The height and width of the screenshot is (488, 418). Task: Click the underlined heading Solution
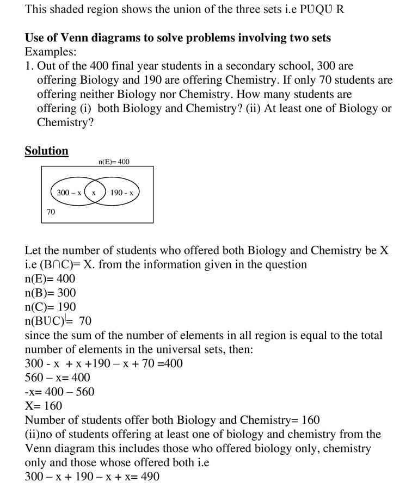pyautogui.click(x=47, y=151)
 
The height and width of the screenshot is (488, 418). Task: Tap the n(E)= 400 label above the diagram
pyautogui.click(x=114, y=162)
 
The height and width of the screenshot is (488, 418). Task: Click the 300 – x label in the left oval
pyautogui.click(x=69, y=193)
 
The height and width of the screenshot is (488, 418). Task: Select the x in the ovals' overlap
pyautogui.click(x=94, y=193)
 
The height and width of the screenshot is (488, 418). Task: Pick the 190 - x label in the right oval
pyautogui.click(x=121, y=193)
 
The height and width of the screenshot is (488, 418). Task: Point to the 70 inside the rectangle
pyautogui.click(x=51, y=212)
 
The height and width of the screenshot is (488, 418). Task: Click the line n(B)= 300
pyautogui.click(x=50, y=293)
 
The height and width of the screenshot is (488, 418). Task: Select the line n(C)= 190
pyautogui.click(x=50, y=307)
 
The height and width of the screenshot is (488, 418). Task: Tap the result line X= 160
pyautogui.click(x=44, y=406)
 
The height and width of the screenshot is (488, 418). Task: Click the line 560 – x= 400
pyautogui.click(x=58, y=378)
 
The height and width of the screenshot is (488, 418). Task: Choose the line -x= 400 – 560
pyautogui.click(x=59, y=392)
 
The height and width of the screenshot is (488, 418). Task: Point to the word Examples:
pyautogui.click(x=51, y=52)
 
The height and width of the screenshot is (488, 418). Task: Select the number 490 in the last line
pyautogui.click(x=149, y=477)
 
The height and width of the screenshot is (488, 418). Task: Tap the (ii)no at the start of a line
pyautogui.click(x=42, y=434)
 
